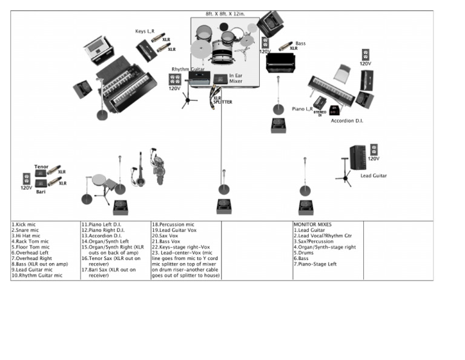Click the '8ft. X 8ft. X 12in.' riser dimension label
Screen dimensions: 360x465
pyautogui.click(x=225, y=13)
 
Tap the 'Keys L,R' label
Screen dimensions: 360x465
pyautogui.click(x=144, y=32)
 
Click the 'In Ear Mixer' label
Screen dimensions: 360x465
pyautogui.click(x=236, y=78)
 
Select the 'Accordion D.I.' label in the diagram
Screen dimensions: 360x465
pyautogui.click(x=346, y=121)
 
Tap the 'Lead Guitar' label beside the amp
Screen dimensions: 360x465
pyautogui.click(x=374, y=176)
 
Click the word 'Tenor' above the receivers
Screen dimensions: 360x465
pyautogui.click(x=41, y=167)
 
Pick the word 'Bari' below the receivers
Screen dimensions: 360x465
pyautogui.click(x=41, y=191)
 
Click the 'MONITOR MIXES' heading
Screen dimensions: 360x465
pyautogui.click(x=314, y=224)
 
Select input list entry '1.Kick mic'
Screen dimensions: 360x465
pyautogui.click(x=25, y=224)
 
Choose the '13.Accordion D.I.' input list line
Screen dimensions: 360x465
pyautogui.click(x=101, y=236)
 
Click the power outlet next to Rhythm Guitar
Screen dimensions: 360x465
pyautogui.click(x=174, y=79)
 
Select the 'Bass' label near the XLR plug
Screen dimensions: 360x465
pyautogui.click(x=300, y=43)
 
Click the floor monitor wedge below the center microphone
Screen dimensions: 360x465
pyautogui.click(x=225, y=205)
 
